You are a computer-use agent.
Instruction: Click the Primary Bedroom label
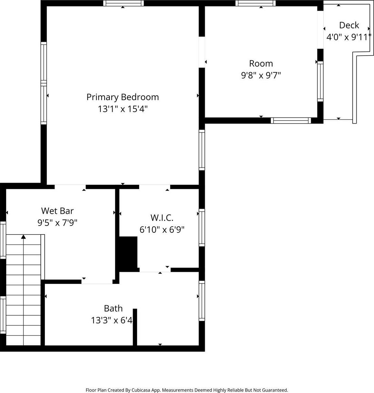pyautogui.click(x=123, y=97)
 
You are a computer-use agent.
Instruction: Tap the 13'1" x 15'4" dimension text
pyautogui.click(x=123, y=109)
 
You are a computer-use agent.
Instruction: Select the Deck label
pyautogui.click(x=349, y=25)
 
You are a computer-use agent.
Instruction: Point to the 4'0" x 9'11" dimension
pyautogui.click(x=349, y=37)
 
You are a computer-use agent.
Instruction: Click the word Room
pyautogui.click(x=261, y=64)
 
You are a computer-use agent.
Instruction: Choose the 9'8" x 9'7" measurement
pyautogui.click(x=261, y=75)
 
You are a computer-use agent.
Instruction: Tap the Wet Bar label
pyautogui.click(x=57, y=211)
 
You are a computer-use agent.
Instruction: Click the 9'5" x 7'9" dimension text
pyautogui.click(x=57, y=222)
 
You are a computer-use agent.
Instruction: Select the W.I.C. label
pyautogui.click(x=162, y=218)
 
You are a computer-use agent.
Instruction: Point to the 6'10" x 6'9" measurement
pyautogui.click(x=162, y=229)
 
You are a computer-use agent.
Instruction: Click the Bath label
pyautogui.click(x=113, y=308)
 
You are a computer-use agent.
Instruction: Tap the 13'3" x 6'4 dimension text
pyautogui.click(x=112, y=320)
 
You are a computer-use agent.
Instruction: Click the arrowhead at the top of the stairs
pyautogui.click(x=23, y=236)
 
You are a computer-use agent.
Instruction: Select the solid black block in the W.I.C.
pyautogui.click(x=128, y=253)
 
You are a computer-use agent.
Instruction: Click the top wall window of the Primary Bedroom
pyautogui.click(x=124, y=3)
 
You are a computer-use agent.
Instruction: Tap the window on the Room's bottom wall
pyautogui.click(x=291, y=121)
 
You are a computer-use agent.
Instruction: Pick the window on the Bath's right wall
pyautogui.click(x=202, y=301)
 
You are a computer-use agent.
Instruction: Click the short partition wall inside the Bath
pyautogui.click(x=135, y=327)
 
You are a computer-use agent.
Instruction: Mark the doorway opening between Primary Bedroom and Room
pyautogui.click(x=202, y=52)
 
